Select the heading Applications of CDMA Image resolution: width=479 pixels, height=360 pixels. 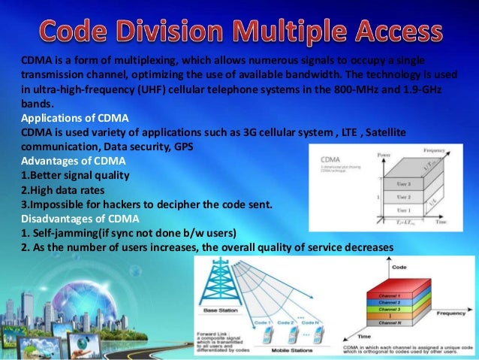click(74, 119)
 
